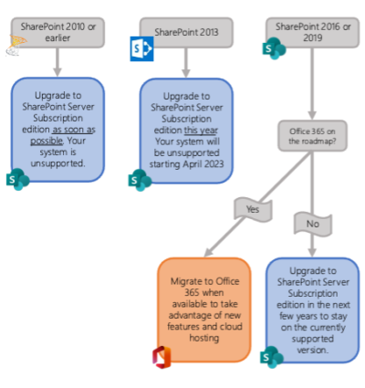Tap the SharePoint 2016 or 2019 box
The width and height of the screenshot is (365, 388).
click(312, 32)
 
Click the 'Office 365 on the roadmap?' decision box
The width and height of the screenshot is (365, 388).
click(312, 136)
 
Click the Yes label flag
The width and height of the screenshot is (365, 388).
click(253, 209)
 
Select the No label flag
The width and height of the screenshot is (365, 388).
click(312, 221)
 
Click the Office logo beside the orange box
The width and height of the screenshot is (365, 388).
click(162, 355)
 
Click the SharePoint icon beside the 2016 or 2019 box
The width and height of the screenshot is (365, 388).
click(273, 48)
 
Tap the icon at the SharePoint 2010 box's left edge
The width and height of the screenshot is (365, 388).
click(16, 45)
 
